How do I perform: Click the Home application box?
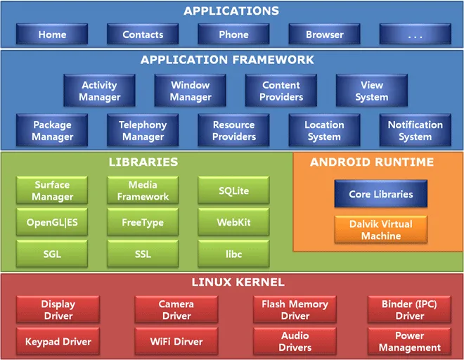click(52, 34)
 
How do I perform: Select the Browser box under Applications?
click(324, 34)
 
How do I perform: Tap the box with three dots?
click(415, 34)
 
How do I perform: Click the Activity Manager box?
click(99, 91)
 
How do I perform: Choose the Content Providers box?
click(281, 91)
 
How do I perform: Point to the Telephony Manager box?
click(143, 130)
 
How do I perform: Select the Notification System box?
click(415, 130)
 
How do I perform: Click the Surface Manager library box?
click(53, 191)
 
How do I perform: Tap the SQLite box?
click(233, 191)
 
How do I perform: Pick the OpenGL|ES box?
click(53, 222)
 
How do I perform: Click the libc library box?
click(233, 254)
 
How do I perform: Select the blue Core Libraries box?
click(380, 193)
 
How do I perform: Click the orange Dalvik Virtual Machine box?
click(380, 230)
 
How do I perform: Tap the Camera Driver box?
click(176, 310)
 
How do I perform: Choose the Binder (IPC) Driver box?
click(408, 310)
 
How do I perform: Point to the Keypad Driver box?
click(58, 342)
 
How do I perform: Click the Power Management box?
click(408, 342)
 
